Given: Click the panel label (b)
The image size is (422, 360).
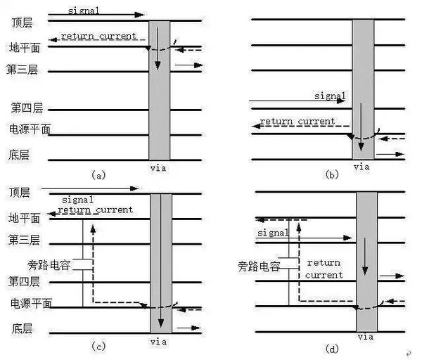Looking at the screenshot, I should pyautogui.click(x=332, y=176).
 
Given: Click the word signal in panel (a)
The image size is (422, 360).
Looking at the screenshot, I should pyautogui.click(x=84, y=11).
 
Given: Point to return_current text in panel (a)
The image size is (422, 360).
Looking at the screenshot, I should pyautogui.click(x=98, y=36).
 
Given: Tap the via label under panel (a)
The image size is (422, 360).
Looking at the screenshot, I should pyautogui.click(x=159, y=168).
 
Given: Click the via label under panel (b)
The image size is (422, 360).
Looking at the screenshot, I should pyautogui.click(x=361, y=167).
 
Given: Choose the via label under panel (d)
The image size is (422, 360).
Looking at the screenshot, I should pyautogui.click(x=366, y=337).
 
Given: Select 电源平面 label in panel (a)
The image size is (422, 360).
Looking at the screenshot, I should pyautogui.click(x=30, y=129).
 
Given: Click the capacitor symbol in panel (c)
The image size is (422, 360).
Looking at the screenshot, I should pyautogui.click(x=83, y=264).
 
